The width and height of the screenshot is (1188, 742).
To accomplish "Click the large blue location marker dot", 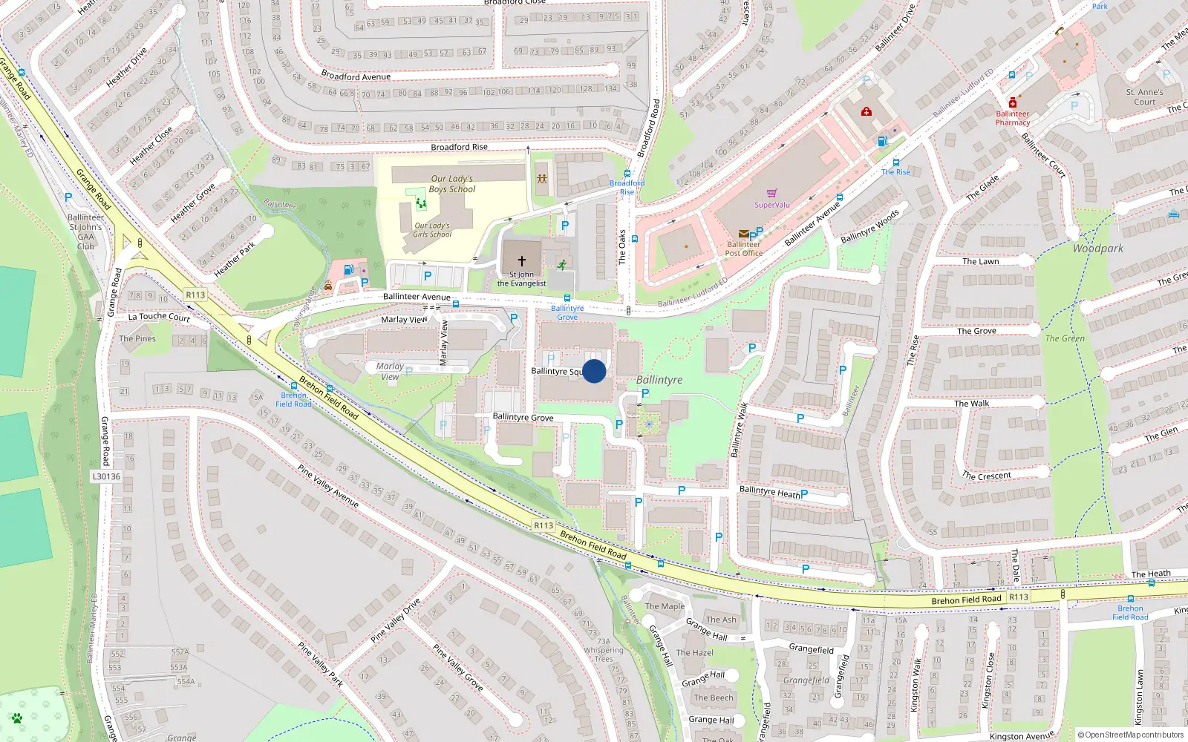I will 594,371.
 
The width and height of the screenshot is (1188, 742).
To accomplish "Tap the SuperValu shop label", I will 772,205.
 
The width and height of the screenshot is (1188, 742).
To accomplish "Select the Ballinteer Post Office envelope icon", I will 743,233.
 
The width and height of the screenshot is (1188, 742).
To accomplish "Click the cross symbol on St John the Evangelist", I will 521,261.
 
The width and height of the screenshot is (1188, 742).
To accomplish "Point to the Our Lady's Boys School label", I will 451,184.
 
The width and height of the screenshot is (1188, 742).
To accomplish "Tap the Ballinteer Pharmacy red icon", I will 1012,103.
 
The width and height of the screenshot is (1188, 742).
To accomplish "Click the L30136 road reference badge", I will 106,476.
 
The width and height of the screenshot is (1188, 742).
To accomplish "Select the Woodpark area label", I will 1097,249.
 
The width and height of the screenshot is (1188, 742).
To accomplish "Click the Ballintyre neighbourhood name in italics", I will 659,380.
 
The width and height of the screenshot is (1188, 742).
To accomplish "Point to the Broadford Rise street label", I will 459,147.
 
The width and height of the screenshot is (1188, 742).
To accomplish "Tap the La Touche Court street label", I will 159,317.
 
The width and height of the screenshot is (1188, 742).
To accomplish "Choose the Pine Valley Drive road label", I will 395,620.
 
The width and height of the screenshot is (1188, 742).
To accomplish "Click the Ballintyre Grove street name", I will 523,417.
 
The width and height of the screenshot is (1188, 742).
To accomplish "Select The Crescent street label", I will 987,476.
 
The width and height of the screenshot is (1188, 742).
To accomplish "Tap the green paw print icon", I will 16,718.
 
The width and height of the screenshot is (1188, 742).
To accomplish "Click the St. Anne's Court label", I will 1144,97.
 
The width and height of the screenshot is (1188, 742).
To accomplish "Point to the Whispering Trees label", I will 604,654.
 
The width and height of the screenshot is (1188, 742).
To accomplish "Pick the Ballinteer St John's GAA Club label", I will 86,232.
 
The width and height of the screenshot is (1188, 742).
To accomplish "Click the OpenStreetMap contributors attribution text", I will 1131,735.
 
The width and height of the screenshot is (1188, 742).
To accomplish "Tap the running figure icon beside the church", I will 562,264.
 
